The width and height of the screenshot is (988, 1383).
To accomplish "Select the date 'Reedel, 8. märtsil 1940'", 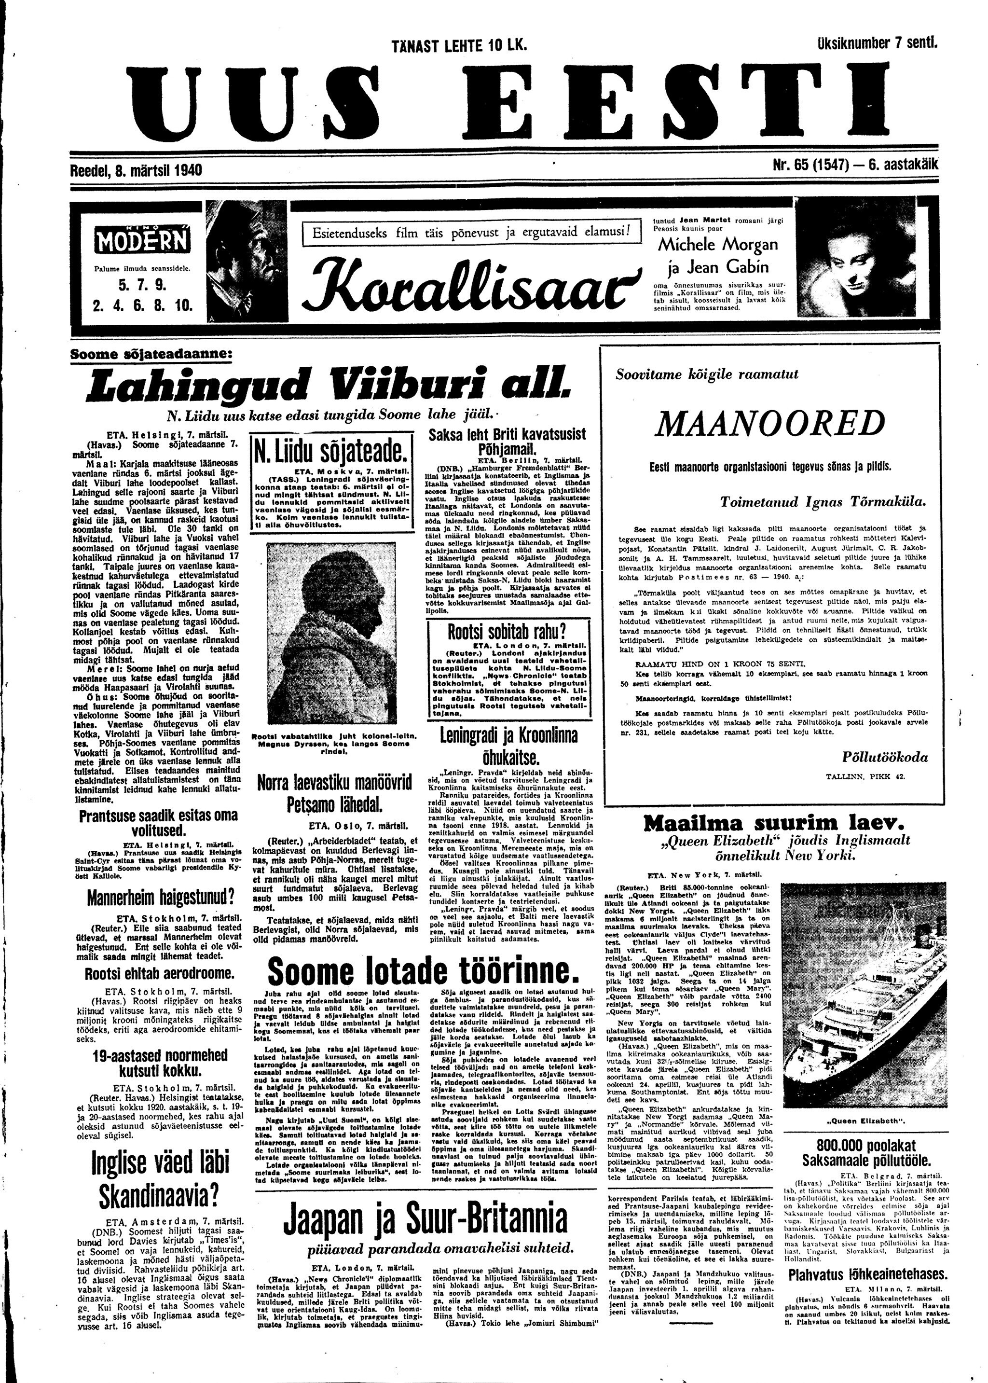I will pyautogui.click(x=137, y=171).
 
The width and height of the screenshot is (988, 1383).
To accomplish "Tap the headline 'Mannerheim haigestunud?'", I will pyautogui.click(x=160, y=898).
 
